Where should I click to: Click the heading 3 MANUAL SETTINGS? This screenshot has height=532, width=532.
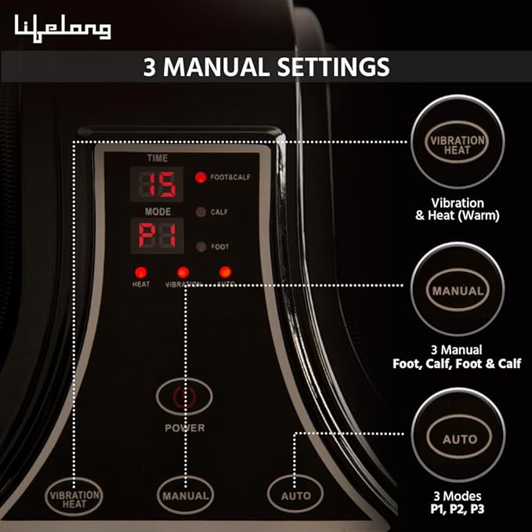[266, 67]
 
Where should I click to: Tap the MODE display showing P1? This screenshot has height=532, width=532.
[157, 235]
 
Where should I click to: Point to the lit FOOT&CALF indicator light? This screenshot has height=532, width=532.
[201, 177]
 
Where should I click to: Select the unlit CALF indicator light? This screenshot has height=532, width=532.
[201, 212]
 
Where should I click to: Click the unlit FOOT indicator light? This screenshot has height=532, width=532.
[201, 246]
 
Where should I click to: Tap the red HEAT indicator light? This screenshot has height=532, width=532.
[141, 272]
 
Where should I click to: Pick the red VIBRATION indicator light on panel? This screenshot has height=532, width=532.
[183, 272]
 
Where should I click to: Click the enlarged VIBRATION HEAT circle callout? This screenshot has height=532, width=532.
[459, 144]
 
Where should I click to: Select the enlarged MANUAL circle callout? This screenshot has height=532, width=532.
[459, 291]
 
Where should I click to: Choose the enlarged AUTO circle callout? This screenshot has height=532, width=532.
[459, 440]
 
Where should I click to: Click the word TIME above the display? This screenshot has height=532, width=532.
[157, 158]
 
